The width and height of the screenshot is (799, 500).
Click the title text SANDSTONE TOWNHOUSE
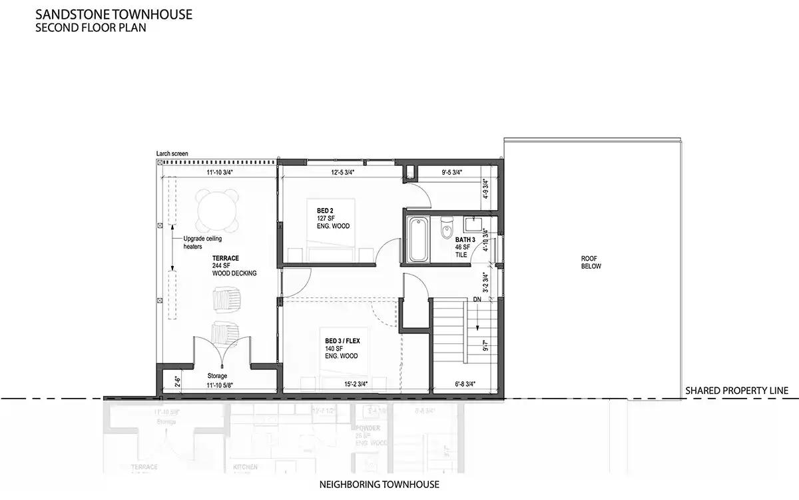114,15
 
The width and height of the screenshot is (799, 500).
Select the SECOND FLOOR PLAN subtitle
91,29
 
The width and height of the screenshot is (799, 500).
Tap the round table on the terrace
218,209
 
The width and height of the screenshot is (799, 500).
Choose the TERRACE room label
226,258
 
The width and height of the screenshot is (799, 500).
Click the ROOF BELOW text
591,262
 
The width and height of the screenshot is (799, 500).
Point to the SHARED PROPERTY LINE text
736,391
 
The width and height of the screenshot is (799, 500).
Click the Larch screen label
172,153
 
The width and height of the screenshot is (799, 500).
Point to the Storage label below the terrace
217,375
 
